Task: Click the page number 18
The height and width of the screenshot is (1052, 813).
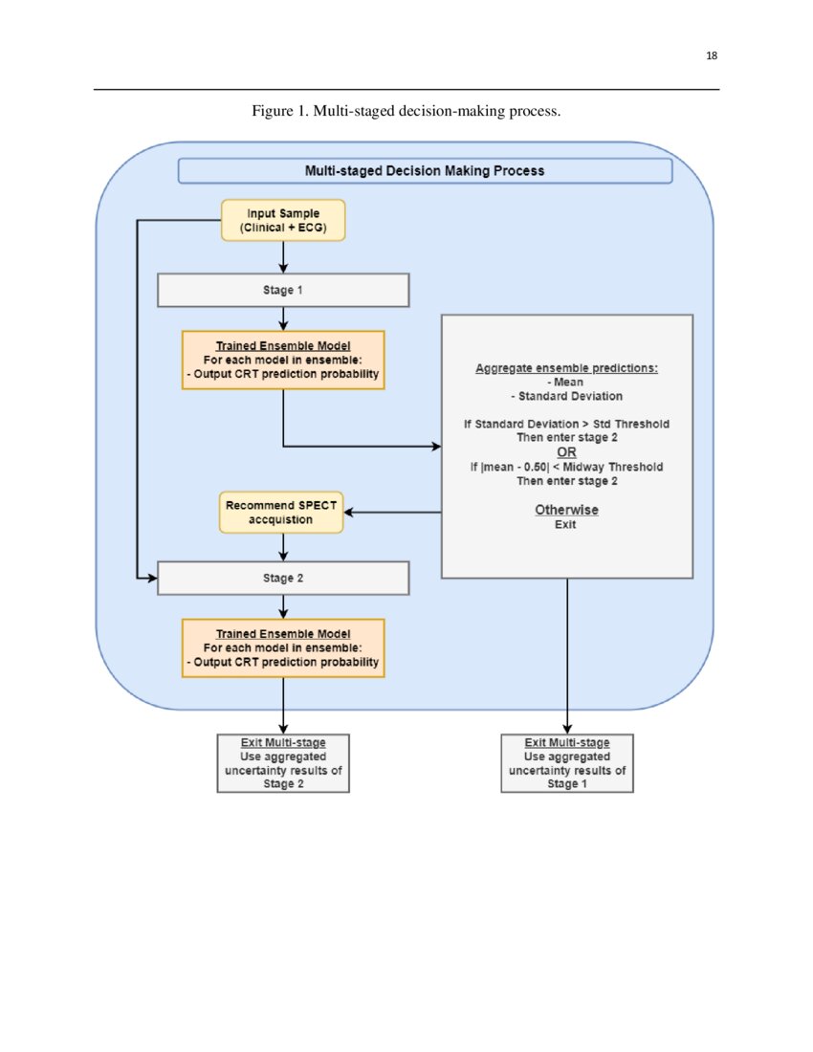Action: point(711,55)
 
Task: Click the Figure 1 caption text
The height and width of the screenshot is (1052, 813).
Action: point(406,112)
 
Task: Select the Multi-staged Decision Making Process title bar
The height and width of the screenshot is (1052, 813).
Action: point(425,170)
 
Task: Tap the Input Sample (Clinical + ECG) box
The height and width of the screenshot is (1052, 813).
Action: point(282,220)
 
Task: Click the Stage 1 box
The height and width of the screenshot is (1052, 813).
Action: point(282,290)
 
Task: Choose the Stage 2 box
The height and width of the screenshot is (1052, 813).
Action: point(282,578)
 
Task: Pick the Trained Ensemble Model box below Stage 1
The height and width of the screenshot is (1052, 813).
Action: point(282,360)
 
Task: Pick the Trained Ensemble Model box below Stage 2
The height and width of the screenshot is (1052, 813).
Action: point(282,647)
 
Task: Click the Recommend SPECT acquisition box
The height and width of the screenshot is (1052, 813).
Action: point(282,512)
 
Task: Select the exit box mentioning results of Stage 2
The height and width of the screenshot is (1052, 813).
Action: point(283,763)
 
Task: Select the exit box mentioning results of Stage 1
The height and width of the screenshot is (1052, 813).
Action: point(567,763)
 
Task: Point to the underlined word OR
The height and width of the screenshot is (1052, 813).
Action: point(566,452)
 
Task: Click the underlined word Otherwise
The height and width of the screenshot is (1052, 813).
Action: point(566,510)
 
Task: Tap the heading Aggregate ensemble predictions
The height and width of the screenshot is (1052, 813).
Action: point(566,368)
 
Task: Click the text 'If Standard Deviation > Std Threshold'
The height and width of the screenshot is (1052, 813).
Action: point(566,423)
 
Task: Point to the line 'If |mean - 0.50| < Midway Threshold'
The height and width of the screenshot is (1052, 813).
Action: point(566,467)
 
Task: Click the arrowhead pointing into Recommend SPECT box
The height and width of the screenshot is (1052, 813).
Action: point(349,512)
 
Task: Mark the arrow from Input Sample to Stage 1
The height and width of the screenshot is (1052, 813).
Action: point(283,258)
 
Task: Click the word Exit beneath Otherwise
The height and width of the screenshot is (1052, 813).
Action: point(566,525)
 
